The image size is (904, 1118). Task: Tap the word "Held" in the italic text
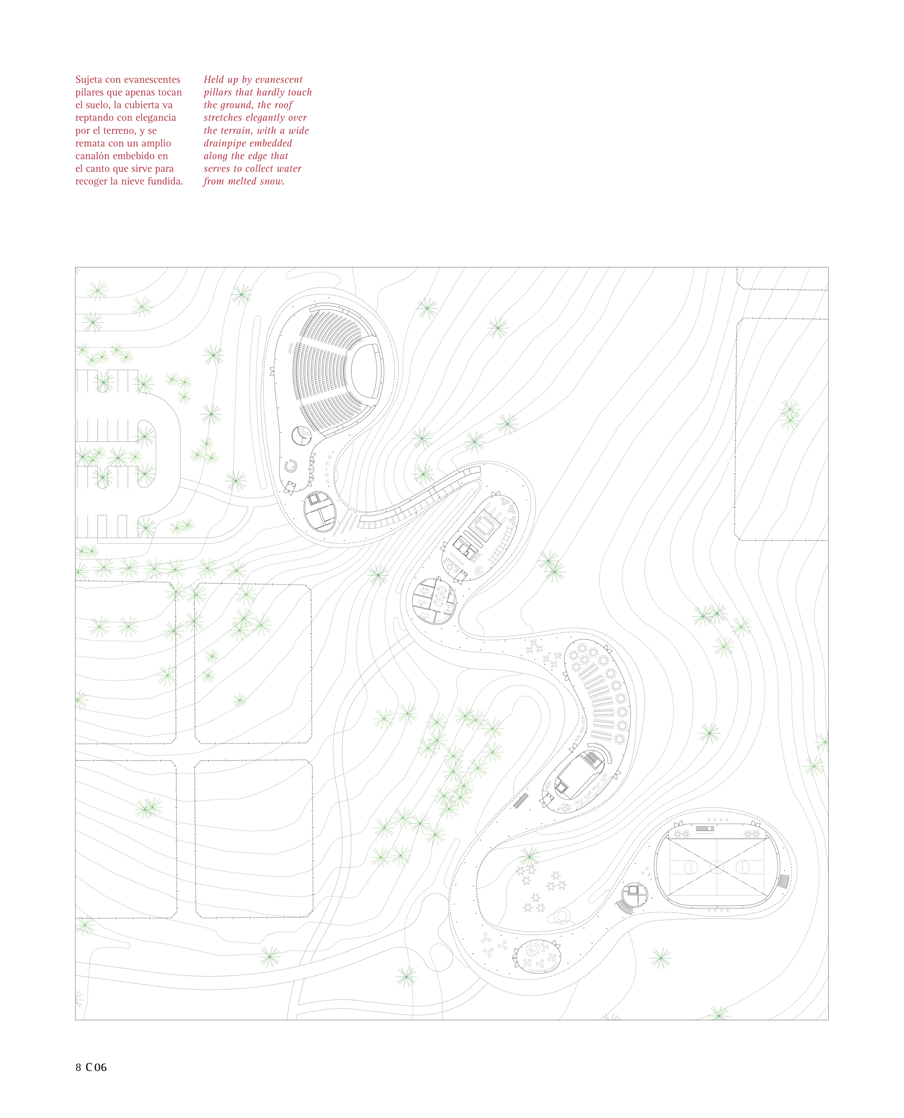click(213, 80)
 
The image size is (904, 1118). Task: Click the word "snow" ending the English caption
click(271, 182)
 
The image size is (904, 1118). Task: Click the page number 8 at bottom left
click(78, 1067)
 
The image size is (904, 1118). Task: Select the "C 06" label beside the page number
click(96, 1067)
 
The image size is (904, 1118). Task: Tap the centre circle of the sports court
click(717, 867)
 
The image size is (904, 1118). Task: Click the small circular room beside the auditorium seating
click(301, 435)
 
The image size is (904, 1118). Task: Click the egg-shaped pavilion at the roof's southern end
click(537, 956)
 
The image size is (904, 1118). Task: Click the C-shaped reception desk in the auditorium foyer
click(290, 465)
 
